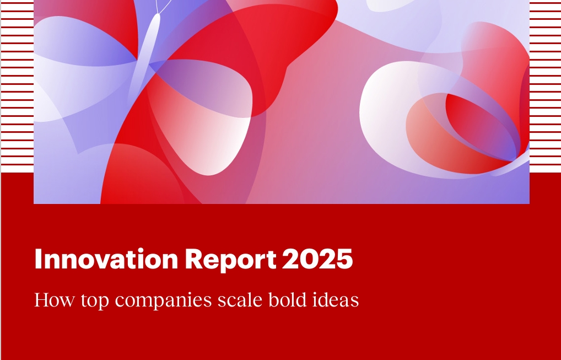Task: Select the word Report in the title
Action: pos(230,259)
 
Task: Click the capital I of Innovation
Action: pos(38,259)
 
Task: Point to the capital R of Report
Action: pos(193,259)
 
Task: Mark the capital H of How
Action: pos(42,300)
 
